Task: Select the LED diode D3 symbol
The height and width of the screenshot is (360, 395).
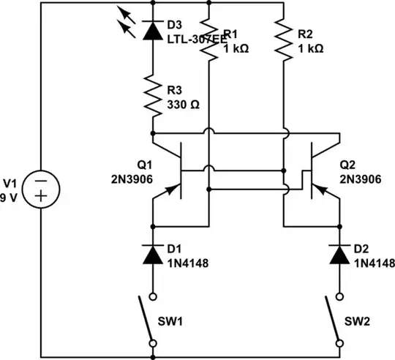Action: (x=153, y=30)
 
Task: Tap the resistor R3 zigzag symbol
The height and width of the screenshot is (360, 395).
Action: (x=153, y=97)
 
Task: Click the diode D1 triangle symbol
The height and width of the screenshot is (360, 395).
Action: (x=153, y=255)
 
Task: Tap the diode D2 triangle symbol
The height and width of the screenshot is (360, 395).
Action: (x=339, y=255)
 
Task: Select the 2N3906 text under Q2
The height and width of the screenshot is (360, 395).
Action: (x=359, y=177)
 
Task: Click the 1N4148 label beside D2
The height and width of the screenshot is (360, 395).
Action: (x=373, y=262)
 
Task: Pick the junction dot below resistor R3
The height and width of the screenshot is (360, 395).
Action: (x=153, y=134)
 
